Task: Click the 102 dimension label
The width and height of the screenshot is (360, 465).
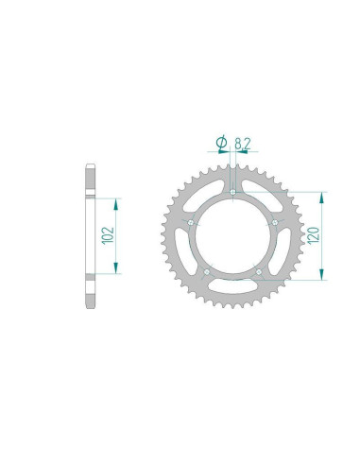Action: tap(108, 235)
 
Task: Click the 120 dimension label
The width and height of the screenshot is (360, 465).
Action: tap(314, 235)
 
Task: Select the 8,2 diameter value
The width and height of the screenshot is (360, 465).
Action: tap(243, 144)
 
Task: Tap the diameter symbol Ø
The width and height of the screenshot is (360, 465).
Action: tap(222, 143)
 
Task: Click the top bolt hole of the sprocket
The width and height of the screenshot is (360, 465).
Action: tap(232, 192)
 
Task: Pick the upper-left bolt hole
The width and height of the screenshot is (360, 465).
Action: tap(191, 223)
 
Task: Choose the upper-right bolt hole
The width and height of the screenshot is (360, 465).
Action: tap(275, 222)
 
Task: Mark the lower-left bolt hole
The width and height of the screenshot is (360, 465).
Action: tap(207, 271)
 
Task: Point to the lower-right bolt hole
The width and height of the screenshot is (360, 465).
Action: tap(259, 271)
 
